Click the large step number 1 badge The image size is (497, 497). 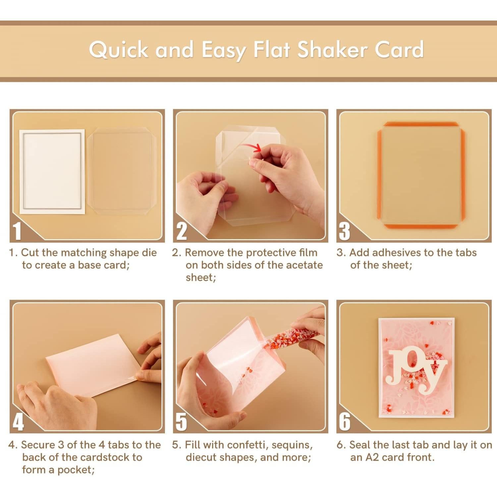(x=17, y=231)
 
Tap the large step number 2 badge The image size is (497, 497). (x=181, y=231)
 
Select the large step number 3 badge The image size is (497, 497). (x=345, y=231)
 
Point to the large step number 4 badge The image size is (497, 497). (x=18, y=422)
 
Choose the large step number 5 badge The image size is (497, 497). (x=181, y=422)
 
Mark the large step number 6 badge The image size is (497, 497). (x=345, y=422)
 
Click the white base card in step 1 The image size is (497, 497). (x=52, y=171)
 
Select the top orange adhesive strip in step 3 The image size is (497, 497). (x=421, y=125)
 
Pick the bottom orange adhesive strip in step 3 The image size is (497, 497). (x=421, y=226)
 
